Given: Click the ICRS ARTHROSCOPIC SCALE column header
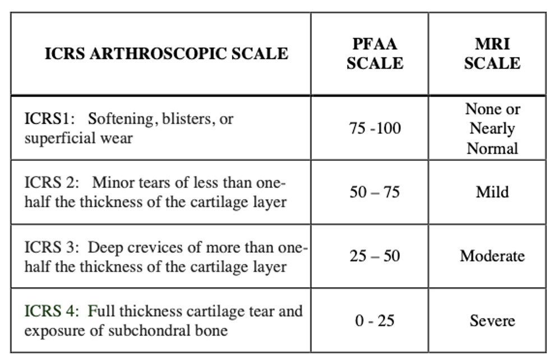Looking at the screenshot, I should [x=166, y=53].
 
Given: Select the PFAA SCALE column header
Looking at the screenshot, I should [x=375, y=53].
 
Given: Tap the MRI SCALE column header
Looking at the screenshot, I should [x=492, y=53].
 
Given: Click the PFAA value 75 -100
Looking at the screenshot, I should [x=375, y=128].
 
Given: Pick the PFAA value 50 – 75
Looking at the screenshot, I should [x=375, y=192].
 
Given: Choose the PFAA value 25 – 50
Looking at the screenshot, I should [x=375, y=256].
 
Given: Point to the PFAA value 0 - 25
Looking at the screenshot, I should [x=375, y=321].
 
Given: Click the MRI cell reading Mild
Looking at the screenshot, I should [x=492, y=192].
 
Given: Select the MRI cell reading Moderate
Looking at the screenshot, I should [x=492, y=256].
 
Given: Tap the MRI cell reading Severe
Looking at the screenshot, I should [x=492, y=321].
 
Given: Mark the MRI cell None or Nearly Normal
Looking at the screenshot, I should [x=492, y=128].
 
